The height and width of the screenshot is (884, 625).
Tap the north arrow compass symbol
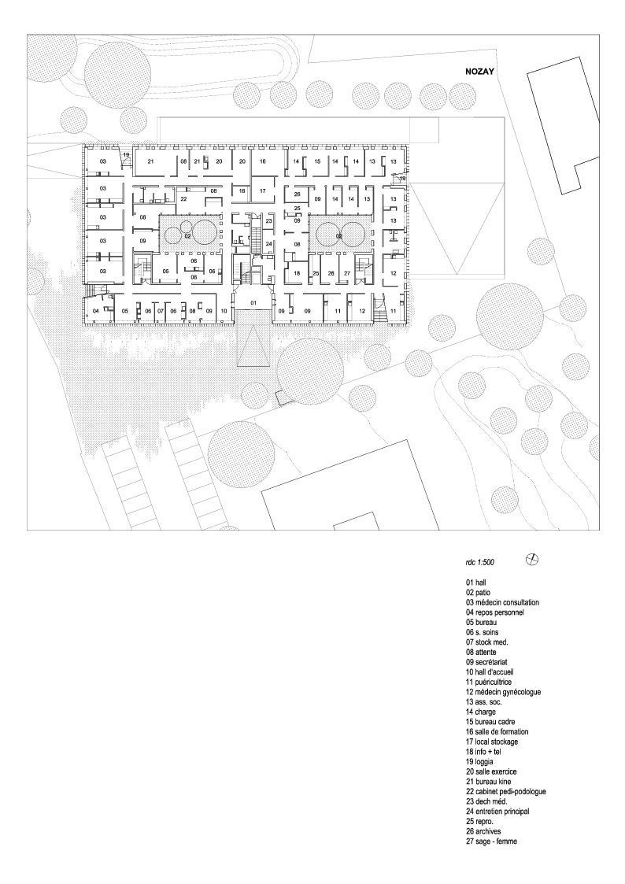533,560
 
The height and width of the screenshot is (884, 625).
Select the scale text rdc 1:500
483,564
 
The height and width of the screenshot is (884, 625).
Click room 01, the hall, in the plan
253,303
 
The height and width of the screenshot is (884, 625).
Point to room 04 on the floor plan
96,312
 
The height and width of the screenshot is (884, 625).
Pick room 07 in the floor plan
161,312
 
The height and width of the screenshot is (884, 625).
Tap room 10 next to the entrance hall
224,312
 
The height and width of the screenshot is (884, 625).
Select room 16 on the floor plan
264,161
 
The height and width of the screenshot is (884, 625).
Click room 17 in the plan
264,191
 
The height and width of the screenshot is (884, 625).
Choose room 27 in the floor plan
347,273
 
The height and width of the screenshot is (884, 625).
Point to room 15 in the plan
316,161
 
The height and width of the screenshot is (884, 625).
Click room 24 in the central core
268,244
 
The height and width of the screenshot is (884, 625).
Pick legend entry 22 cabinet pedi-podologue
505,792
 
